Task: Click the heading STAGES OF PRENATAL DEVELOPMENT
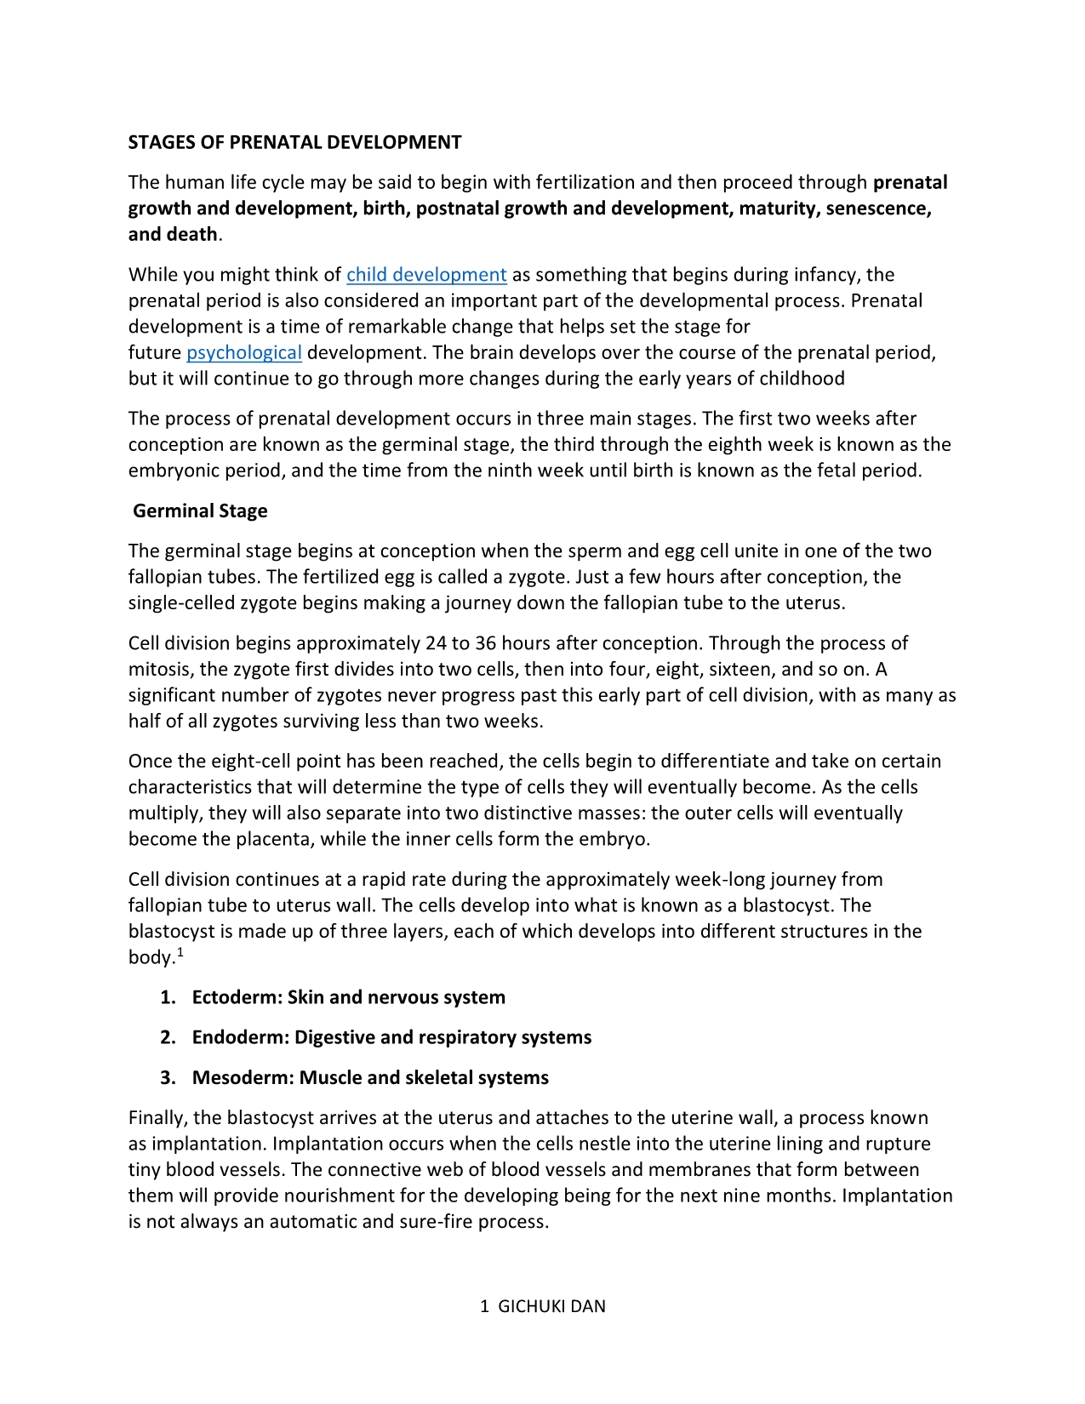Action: point(294,142)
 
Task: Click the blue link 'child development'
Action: point(426,275)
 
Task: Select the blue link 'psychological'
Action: point(244,353)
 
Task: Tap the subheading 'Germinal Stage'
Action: point(200,511)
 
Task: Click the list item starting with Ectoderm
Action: point(348,997)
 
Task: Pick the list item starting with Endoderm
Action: point(391,1037)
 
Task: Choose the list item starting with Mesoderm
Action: point(370,1077)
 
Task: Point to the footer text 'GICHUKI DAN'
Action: point(551,1306)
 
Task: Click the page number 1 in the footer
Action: point(484,1306)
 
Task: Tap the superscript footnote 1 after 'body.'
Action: point(180,952)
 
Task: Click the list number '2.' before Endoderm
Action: point(168,1037)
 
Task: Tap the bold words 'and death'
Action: point(172,235)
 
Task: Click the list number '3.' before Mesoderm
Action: point(168,1077)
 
